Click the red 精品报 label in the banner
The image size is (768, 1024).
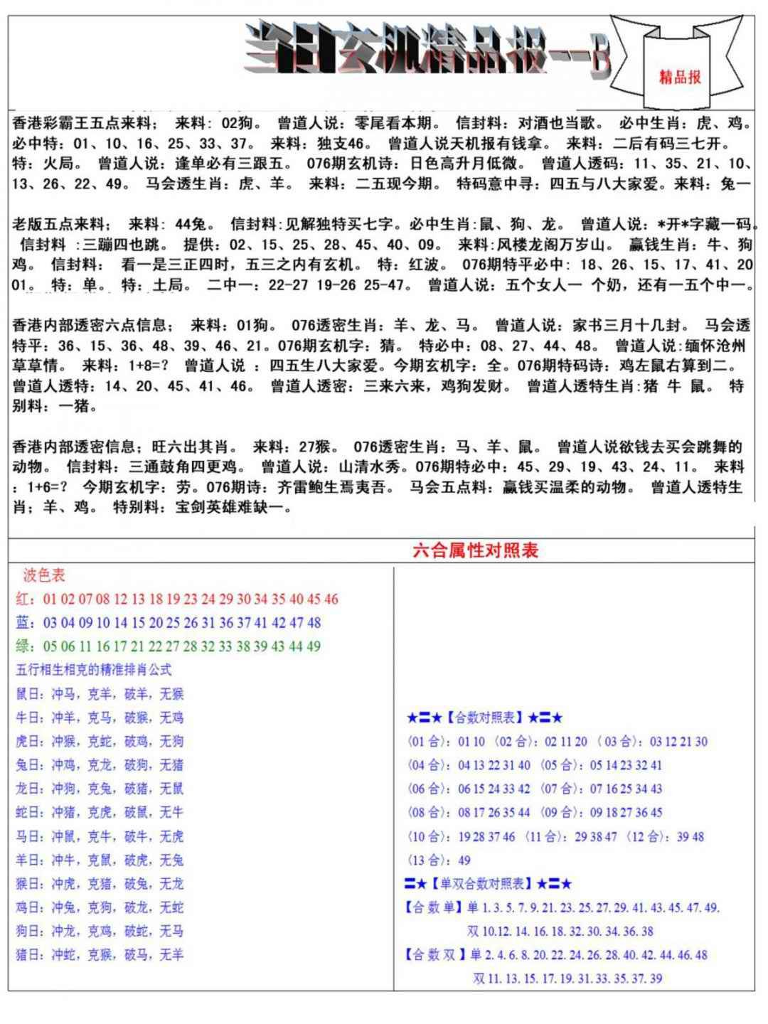[x=680, y=77]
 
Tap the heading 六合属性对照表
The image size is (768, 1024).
[x=476, y=550]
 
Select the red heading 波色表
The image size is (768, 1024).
[x=44, y=575]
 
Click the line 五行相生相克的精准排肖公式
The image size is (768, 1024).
[x=93, y=670]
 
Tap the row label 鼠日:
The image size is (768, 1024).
[x=31, y=694]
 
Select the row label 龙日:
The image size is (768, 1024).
[x=31, y=789]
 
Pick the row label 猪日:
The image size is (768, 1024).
[x=31, y=954]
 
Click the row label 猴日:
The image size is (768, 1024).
[x=31, y=883]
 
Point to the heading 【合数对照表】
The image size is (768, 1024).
[x=485, y=718]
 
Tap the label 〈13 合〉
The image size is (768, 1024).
[x=429, y=860]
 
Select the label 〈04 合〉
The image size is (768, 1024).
[x=429, y=765]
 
